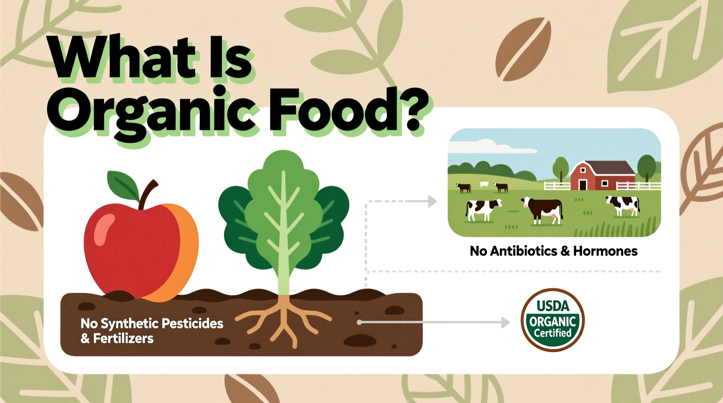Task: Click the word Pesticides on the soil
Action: [x=192, y=324]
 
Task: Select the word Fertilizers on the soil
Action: [x=123, y=338]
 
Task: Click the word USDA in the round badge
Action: [x=553, y=306]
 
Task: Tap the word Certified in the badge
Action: [x=553, y=334]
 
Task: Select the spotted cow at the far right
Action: [x=624, y=205]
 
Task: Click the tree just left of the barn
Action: [x=561, y=168]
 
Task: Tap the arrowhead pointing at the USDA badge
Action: [x=505, y=322]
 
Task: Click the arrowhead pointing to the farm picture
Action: [x=432, y=201]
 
